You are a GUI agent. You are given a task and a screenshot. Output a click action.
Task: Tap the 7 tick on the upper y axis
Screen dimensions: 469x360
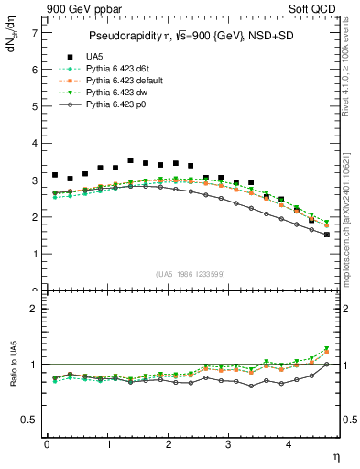coord(35,33)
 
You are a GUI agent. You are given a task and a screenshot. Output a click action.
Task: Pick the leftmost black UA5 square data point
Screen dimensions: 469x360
coord(55,175)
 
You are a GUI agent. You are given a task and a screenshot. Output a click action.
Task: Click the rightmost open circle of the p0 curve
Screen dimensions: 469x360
coord(327,234)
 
